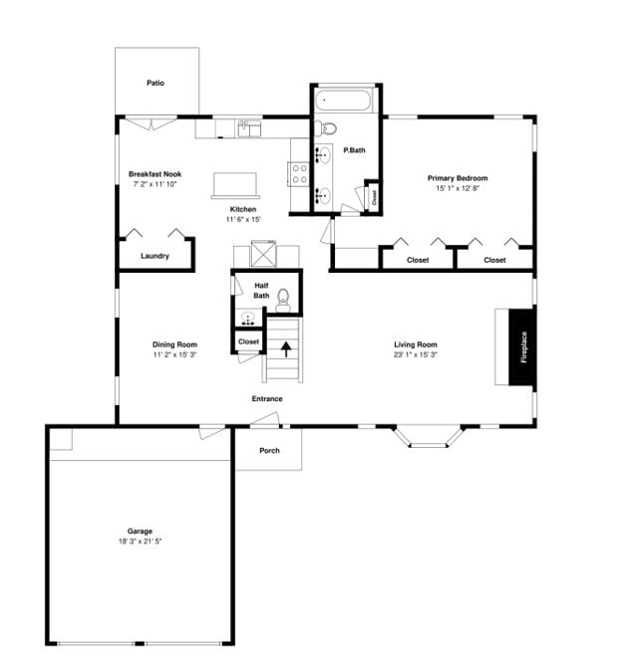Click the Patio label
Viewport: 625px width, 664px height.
pyautogui.click(x=155, y=83)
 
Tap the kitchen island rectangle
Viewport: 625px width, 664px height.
pyautogui.click(x=233, y=184)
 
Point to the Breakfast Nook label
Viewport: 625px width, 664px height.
pyautogui.click(x=155, y=174)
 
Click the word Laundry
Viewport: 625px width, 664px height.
pyautogui.click(x=155, y=256)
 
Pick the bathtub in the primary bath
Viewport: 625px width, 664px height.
pyautogui.click(x=344, y=101)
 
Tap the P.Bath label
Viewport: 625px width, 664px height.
pyautogui.click(x=353, y=150)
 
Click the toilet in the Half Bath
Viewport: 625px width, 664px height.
pyautogui.click(x=283, y=297)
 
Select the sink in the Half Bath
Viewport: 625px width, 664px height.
pyautogui.click(x=246, y=319)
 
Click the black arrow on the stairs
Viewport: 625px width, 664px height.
pyautogui.click(x=286, y=349)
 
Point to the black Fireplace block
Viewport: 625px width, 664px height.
pyautogui.click(x=522, y=346)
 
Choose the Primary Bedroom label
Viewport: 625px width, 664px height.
pyautogui.click(x=458, y=178)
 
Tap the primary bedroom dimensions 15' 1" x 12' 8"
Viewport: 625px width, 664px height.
pyautogui.click(x=458, y=188)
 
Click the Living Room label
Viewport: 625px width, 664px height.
pyautogui.click(x=415, y=344)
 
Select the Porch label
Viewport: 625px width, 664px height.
pyautogui.click(x=269, y=450)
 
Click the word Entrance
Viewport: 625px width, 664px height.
pyautogui.click(x=267, y=399)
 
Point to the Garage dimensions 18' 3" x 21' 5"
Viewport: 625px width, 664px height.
pyautogui.click(x=140, y=542)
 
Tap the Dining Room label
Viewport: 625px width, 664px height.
pyautogui.click(x=174, y=344)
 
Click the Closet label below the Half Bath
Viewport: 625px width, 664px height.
pyautogui.click(x=248, y=341)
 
